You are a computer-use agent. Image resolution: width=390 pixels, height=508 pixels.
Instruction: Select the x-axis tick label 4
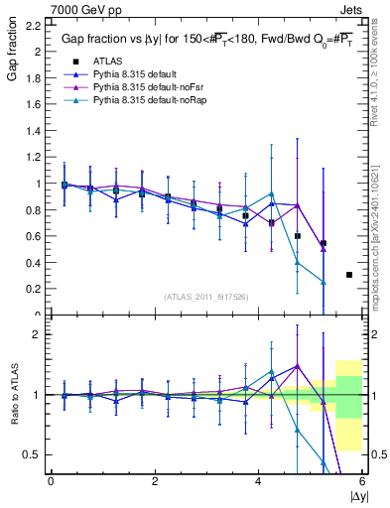pos(259,481)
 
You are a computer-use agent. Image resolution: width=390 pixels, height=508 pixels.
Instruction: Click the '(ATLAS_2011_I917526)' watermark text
pos(206,296)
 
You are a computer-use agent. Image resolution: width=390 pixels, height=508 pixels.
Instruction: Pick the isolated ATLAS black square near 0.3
pos(349,275)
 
